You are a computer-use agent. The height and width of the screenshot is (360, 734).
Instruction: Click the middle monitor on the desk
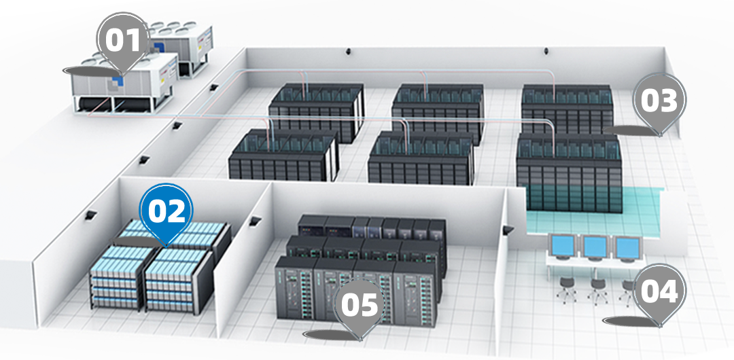tap(595, 247)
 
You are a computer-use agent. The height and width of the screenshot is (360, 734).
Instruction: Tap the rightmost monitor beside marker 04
tap(627, 249)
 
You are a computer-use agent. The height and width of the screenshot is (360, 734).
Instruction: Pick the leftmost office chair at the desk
tap(566, 287)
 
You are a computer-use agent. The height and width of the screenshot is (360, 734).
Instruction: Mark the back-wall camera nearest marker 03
tap(546, 50)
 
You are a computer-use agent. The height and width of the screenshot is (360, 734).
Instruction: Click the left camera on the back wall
tap(348, 50)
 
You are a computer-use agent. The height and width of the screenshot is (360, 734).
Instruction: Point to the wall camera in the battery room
tap(90, 215)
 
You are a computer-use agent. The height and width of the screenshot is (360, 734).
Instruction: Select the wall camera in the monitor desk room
tap(508, 230)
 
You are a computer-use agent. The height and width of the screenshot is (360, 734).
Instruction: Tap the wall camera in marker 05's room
tap(255, 221)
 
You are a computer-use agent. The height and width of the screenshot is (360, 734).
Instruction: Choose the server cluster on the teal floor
tap(570, 173)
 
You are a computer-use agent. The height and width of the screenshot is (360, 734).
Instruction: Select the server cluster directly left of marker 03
tap(567, 109)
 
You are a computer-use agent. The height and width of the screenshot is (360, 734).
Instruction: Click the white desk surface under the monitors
tap(595, 264)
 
